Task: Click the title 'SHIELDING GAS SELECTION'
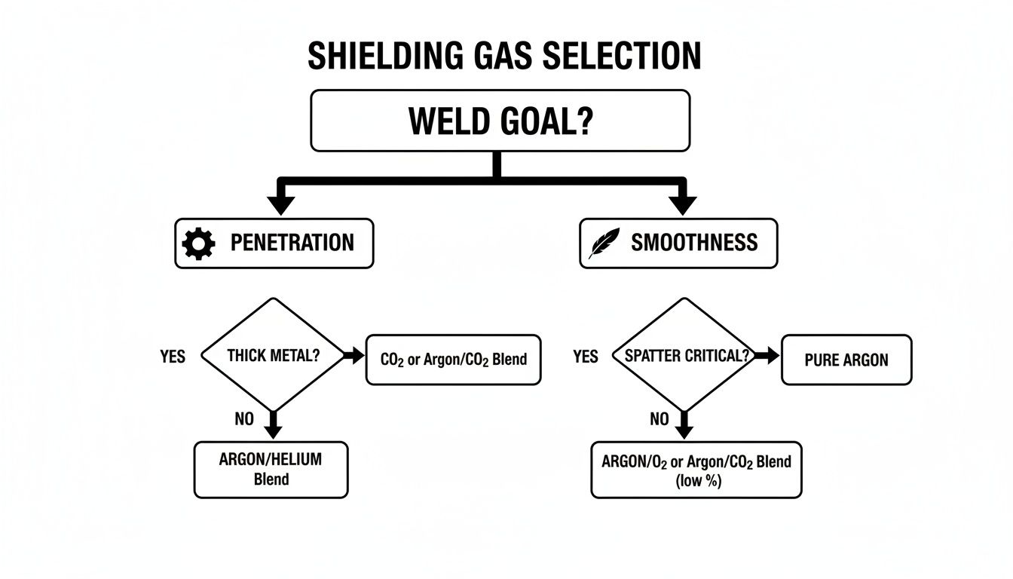[x=504, y=57]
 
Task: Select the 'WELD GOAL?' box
[x=500, y=121]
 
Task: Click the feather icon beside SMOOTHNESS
[x=604, y=243]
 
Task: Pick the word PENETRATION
[x=292, y=243]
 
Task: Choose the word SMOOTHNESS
[x=693, y=243]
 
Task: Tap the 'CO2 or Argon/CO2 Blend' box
[x=453, y=360]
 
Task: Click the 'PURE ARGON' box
[x=846, y=360]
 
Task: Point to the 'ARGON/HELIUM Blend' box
[x=271, y=470]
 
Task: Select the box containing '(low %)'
[x=696, y=470]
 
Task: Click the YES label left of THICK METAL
[x=173, y=357]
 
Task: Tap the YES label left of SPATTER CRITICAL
[x=585, y=357]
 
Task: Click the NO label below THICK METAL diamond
[x=244, y=419]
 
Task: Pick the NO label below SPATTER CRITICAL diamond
[x=659, y=419]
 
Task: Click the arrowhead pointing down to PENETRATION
[x=281, y=204]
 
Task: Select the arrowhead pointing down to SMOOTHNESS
[x=684, y=204]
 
